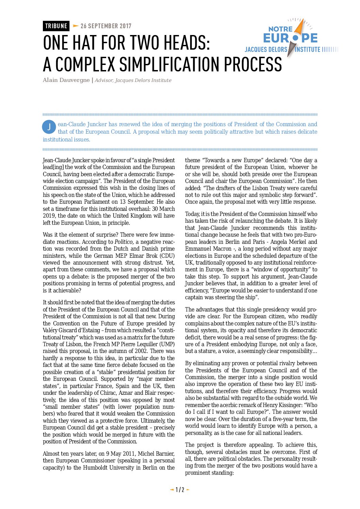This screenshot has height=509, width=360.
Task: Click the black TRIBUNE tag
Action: [x=56, y=26]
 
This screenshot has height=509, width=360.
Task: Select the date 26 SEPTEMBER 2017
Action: [x=106, y=26]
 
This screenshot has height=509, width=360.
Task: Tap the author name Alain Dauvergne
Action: [x=66, y=80]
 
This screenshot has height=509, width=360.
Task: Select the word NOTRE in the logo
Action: [x=280, y=29]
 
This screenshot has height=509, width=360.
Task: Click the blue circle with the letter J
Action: [x=49, y=127]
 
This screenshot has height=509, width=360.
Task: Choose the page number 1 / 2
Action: [x=180, y=490]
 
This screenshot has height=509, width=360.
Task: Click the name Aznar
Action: [x=128, y=393]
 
